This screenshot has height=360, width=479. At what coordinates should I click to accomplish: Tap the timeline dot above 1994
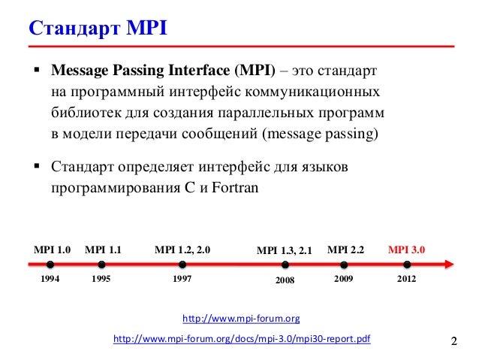[x=50, y=265]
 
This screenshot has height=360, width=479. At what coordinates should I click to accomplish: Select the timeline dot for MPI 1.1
[x=101, y=265]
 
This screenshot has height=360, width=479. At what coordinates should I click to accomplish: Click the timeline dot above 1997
[x=182, y=265]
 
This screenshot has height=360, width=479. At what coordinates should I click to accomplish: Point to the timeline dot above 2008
[x=285, y=265]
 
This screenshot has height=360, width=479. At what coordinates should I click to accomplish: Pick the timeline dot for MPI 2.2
[x=345, y=265]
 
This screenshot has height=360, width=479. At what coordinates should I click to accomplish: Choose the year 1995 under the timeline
[x=101, y=278]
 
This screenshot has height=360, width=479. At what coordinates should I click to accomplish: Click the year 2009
[x=345, y=278]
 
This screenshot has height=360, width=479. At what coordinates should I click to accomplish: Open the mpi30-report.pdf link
[x=241, y=340]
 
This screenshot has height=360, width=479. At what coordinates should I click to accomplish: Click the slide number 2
[x=453, y=343]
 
